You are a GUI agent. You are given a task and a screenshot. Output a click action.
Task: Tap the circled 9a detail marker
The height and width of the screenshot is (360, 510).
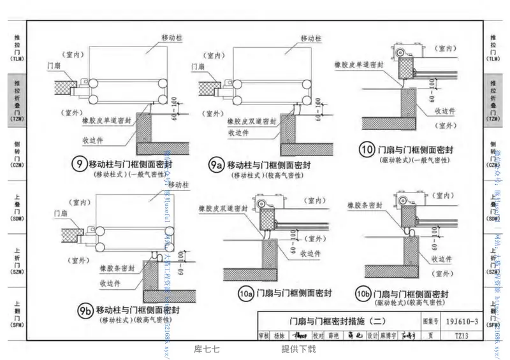click(215, 165)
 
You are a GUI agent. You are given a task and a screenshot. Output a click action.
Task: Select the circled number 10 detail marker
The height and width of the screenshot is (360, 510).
click(367, 150)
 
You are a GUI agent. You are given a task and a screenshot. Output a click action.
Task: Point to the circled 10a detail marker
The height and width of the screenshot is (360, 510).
click(245, 294)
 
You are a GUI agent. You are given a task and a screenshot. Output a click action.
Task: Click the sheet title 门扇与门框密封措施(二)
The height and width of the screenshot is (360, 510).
click(342, 322)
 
